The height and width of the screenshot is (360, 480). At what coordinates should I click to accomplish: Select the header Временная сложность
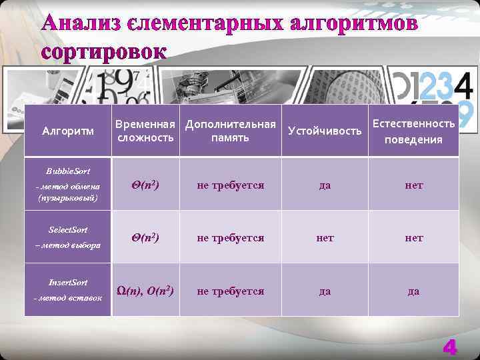[145, 131]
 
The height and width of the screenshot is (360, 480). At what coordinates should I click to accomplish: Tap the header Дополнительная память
[230, 131]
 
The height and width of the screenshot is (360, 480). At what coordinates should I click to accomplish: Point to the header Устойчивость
[325, 131]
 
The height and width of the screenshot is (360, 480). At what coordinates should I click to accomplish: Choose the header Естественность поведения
[413, 131]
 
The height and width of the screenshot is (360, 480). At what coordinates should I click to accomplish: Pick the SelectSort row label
[69, 237]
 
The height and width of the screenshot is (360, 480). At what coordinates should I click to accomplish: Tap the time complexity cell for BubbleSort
[145, 185]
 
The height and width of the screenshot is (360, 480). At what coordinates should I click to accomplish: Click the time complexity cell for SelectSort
[145, 237]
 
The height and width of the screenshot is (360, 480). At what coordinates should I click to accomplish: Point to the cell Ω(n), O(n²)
[145, 291]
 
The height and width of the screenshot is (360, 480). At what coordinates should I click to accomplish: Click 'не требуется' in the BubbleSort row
[230, 185]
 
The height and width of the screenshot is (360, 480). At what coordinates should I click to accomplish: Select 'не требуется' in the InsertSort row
[230, 291]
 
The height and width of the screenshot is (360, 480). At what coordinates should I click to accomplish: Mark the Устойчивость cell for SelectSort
[325, 238]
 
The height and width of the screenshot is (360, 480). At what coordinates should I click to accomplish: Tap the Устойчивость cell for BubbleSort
[325, 185]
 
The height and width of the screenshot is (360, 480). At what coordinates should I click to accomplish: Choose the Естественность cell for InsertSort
[413, 291]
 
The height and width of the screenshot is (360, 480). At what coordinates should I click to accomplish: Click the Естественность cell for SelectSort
[413, 238]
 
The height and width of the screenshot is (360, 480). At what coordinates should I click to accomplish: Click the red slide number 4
[450, 347]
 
